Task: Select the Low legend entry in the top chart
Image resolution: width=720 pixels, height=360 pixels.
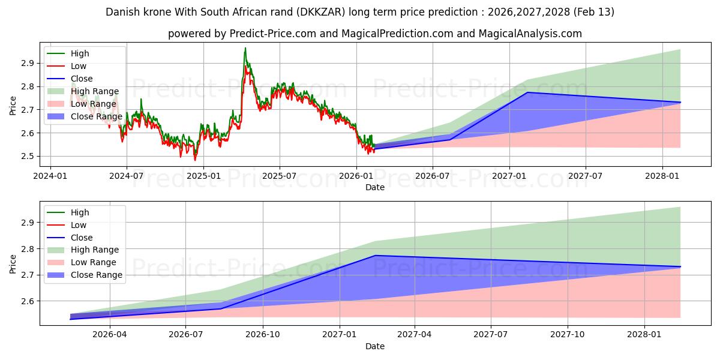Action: (79, 66)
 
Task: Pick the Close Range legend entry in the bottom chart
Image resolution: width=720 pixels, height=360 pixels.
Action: (97, 275)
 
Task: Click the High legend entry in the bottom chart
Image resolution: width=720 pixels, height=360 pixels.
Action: (80, 212)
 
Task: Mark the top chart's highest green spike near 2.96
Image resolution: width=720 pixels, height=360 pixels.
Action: (245, 48)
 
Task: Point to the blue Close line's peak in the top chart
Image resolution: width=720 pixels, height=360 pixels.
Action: (527, 92)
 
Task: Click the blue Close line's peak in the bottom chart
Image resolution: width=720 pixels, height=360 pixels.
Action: (376, 256)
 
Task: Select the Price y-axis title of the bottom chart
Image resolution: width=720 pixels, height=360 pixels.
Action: (13, 265)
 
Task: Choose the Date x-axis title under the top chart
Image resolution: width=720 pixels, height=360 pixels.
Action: (375, 187)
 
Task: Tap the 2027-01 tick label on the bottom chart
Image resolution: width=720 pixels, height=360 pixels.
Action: (340, 334)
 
